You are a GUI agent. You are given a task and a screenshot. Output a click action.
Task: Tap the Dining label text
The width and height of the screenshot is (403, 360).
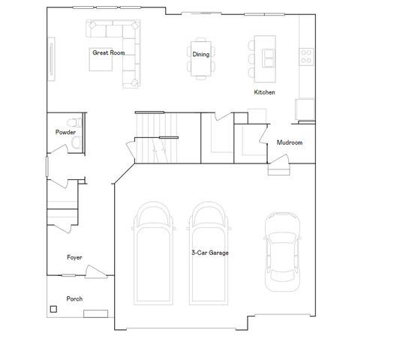(200, 54)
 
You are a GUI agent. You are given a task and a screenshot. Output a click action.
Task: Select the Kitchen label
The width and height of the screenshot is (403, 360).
(264, 92)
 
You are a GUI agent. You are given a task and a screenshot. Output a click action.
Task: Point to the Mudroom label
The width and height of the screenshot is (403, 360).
(289, 142)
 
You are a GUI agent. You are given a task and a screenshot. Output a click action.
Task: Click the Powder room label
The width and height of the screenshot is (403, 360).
(66, 132)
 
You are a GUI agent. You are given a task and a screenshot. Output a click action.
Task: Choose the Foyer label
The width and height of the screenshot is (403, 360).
(74, 257)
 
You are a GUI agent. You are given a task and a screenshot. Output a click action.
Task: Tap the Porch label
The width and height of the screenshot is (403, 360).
(74, 298)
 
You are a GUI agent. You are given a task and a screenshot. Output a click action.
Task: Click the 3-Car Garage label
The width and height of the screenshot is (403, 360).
(209, 253)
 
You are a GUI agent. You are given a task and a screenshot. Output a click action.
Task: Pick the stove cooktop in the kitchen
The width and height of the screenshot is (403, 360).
(306, 55)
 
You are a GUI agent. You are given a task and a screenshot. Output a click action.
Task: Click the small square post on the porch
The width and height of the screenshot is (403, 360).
(53, 308)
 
